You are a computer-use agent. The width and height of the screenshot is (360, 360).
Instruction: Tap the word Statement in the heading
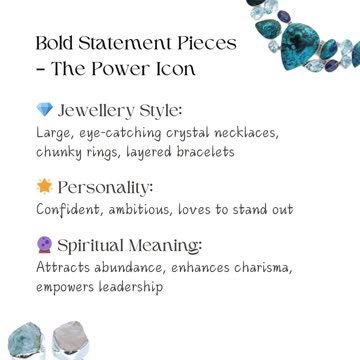point(128,44)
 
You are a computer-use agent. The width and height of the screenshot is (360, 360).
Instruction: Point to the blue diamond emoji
point(44,110)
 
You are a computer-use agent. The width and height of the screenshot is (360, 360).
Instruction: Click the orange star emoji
point(44,187)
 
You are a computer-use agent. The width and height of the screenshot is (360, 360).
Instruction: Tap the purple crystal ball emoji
point(44,245)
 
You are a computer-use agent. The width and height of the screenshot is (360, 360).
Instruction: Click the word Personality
point(106,187)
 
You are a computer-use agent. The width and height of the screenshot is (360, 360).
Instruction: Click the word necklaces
point(244,132)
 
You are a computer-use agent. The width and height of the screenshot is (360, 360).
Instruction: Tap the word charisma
point(261,267)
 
